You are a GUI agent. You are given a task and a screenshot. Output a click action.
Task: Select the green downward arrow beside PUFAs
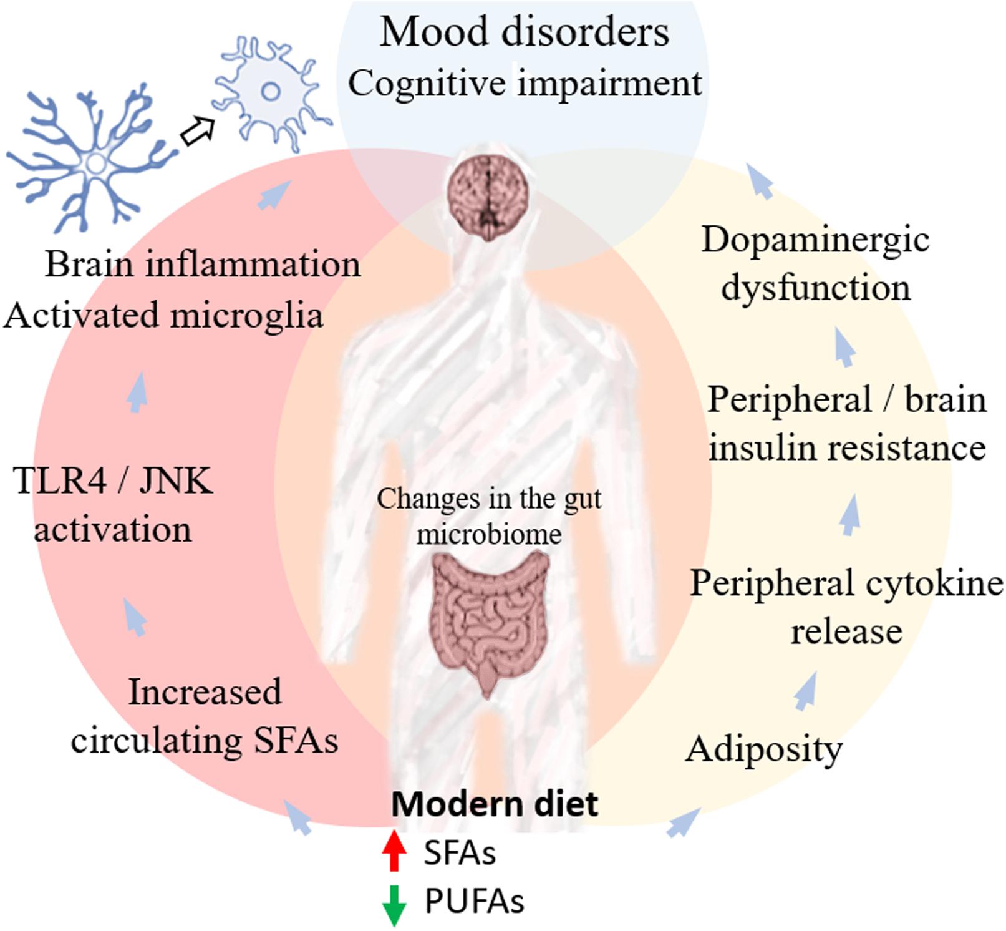coord(394,904)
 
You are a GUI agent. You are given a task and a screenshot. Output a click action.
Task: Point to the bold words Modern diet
coord(495,804)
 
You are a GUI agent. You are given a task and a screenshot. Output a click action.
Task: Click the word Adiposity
coord(763,749)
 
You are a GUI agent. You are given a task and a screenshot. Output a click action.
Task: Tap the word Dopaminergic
coord(815,240)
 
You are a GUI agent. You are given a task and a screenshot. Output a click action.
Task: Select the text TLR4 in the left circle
coord(60,480)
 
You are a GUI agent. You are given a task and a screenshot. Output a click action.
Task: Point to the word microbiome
coord(489,534)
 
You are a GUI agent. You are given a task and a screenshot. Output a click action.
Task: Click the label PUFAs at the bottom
coord(474,901)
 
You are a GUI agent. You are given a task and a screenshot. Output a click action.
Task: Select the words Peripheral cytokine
coord(846,584)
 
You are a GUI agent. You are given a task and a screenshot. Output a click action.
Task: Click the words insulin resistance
coord(846,448)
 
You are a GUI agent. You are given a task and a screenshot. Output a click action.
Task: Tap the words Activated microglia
coord(163,315)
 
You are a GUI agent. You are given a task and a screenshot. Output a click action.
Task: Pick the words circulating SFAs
coord(204,741)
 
